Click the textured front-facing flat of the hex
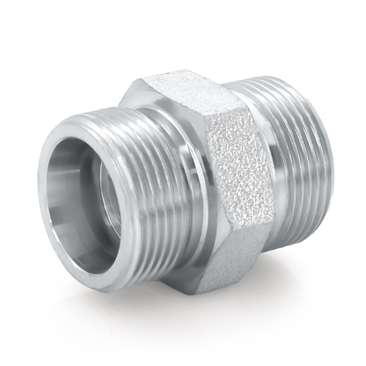pyautogui.click(x=229, y=172)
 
